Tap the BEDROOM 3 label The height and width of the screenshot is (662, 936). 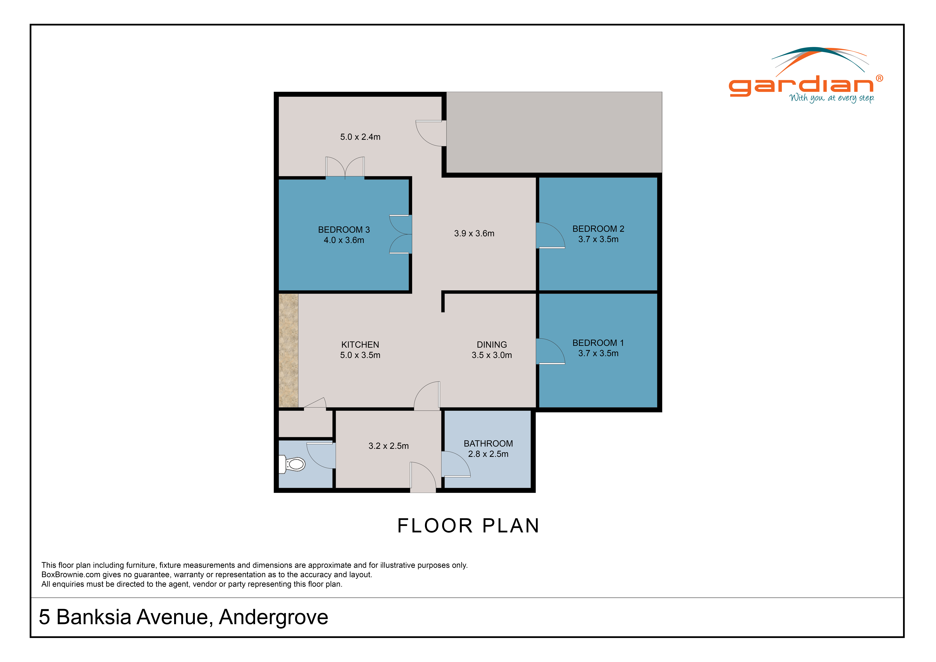click(344, 230)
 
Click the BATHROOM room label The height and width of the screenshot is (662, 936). click(488, 443)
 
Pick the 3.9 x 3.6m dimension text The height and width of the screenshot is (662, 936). click(474, 234)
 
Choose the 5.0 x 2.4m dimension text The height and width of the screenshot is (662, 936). click(360, 137)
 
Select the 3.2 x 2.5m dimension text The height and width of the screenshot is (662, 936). click(388, 446)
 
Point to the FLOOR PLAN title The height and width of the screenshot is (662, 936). click(468, 526)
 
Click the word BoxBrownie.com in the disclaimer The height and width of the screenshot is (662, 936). click(71, 575)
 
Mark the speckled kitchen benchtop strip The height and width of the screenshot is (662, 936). click(288, 351)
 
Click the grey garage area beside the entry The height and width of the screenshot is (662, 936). click(554, 133)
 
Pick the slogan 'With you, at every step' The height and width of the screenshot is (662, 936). click(832, 98)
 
